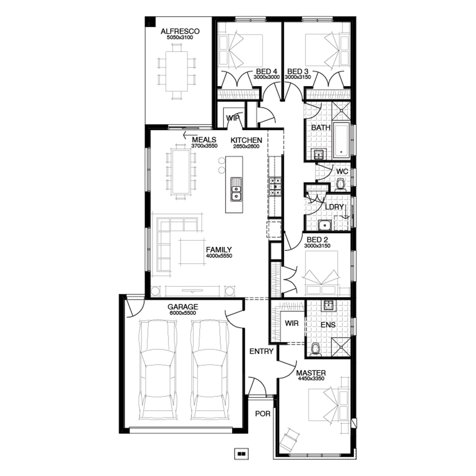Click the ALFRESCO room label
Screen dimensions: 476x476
pyautogui.click(x=180, y=31)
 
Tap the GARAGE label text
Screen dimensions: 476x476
pyautogui.click(x=183, y=307)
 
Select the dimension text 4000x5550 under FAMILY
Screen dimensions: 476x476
pyautogui.click(x=219, y=256)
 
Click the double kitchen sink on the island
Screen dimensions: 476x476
pyautogui.click(x=236, y=189)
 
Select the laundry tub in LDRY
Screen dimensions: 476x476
pyautogui.click(x=325, y=225)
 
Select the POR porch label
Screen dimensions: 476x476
pyautogui.click(x=263, y=414)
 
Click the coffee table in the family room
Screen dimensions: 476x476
pyautogui.click(x=192, y=252)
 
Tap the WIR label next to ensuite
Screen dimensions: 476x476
pyautogui.click(x=292, y=323)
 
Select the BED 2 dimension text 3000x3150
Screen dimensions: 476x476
pyautogui.click(x=317, y=246)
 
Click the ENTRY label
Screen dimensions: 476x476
pyautogui.click(x=261, y=351)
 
